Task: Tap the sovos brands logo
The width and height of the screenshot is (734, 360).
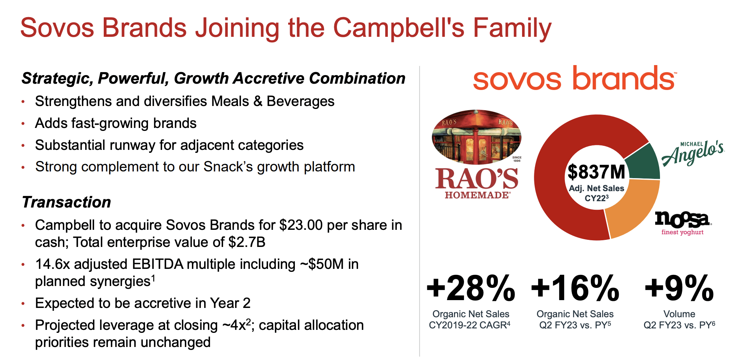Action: point(574,78)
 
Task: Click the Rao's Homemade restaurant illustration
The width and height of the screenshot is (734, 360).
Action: point(477,137)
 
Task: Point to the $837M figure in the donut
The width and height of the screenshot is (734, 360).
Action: point(596,172)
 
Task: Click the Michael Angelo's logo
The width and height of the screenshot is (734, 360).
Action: point(693,153)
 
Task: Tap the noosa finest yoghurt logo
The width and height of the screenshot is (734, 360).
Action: point(683,223)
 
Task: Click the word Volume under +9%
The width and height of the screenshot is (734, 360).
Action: point(679,314)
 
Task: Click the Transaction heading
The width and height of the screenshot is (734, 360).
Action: point(67,202)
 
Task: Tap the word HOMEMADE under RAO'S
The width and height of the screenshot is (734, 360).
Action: point(477,195)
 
